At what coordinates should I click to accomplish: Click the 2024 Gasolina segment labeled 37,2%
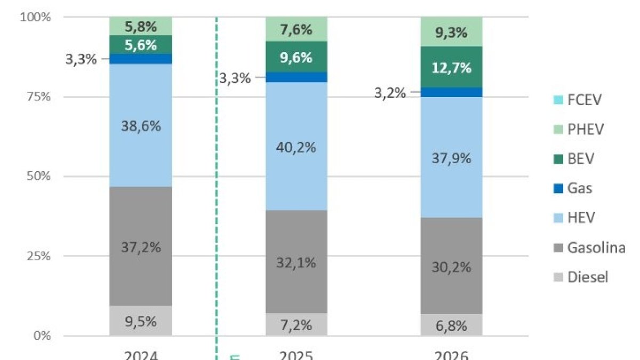coord(141,246)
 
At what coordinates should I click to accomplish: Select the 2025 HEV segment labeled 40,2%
coord(297,147)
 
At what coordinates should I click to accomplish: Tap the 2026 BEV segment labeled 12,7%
coord(452,67)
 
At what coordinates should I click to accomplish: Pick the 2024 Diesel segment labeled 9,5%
coord(141,321)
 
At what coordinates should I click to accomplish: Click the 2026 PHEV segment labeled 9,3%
coord(452,32)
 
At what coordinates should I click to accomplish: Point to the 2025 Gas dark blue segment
coord(297,77)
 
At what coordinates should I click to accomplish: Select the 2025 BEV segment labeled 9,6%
coord(297,58)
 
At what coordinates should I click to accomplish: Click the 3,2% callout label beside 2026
coord(391,93)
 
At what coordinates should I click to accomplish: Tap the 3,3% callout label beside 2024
coord(81,59)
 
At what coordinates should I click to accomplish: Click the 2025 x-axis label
coord(297,355)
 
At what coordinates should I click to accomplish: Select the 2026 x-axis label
coord(452,355)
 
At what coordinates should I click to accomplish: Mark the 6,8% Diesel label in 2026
coord(452,324)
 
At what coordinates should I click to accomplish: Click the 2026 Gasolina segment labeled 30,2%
coord(452,266)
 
